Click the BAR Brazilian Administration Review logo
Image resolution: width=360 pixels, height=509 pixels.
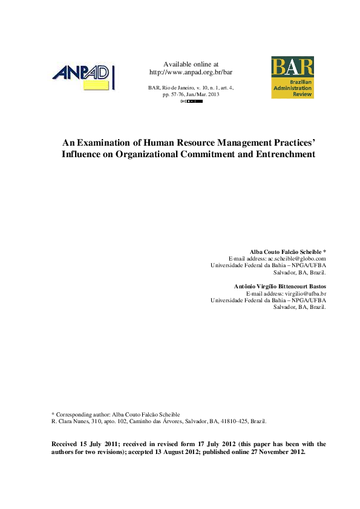(x=292, y=77)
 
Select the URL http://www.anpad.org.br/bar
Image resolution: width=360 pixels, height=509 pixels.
(x=191, y=72)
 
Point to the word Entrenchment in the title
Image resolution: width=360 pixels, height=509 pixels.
(x=284, y=154)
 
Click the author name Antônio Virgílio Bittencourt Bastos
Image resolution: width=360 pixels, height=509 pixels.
(x=280, y=286)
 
